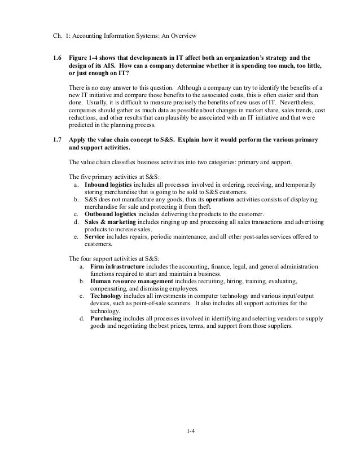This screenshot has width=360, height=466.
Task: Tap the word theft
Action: point(180,206)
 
